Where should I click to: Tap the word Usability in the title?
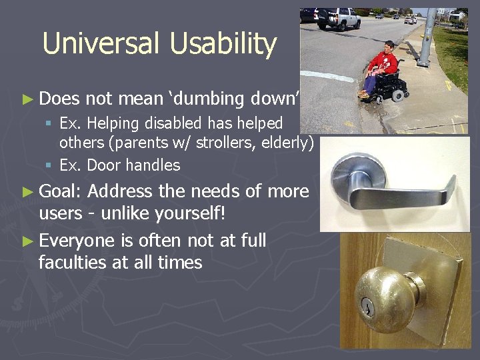point(223,44)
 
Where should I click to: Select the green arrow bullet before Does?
point(27,99)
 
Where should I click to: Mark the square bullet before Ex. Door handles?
point(49,165)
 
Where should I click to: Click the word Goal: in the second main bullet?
point(60,192)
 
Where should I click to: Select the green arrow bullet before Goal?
point(27,192)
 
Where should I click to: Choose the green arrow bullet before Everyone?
point(27,240)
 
